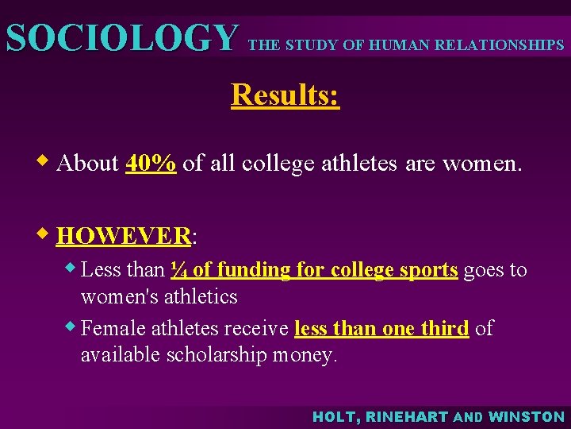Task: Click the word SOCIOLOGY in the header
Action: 121,38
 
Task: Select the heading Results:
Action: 285,95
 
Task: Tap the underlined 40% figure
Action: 151,163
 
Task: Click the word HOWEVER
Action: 124,236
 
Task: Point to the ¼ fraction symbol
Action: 178,270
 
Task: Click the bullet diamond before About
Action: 47,162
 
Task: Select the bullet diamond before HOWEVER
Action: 47,234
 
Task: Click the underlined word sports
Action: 428,270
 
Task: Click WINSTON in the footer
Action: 527,416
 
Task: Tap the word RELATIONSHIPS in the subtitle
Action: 504,45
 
